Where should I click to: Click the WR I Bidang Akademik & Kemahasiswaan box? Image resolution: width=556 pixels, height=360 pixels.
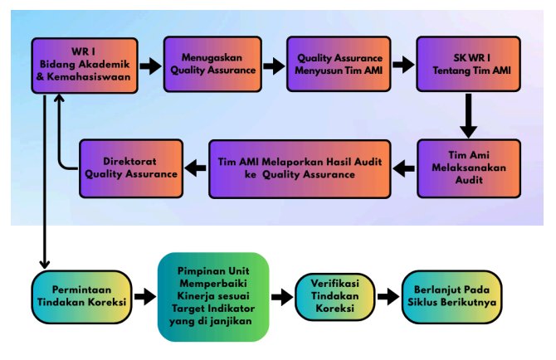coord(85,66)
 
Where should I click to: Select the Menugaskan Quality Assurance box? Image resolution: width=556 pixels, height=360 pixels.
coord(212,64)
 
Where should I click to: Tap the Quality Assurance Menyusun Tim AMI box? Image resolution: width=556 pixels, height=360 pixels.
coord(339,64)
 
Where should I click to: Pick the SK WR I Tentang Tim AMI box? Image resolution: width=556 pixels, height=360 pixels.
coord(468,64)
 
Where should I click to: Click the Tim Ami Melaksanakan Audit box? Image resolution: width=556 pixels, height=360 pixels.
coord(469,168)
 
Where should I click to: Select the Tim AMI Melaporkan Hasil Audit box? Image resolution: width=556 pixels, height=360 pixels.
coord(300,168)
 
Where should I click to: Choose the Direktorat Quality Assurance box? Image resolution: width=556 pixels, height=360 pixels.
coord(131,168)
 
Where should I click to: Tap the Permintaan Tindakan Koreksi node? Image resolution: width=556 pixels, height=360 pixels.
coord(81,297)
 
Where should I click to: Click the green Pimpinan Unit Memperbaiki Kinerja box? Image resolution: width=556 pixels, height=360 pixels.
coord(213,297)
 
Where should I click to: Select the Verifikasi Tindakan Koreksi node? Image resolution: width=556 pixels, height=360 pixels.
coord(334,297)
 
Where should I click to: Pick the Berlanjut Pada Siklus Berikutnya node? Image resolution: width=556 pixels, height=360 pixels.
coord(451,297)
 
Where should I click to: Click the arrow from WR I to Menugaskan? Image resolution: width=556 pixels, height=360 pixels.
coord(151,66)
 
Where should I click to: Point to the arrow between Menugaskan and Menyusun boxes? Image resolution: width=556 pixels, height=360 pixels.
coord(274,66)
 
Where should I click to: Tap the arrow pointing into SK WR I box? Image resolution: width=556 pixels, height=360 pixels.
coord(403,65)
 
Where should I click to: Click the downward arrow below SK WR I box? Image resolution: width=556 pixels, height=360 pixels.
coord(468,116)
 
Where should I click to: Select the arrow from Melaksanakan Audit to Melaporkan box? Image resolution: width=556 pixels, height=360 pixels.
coord(404,168)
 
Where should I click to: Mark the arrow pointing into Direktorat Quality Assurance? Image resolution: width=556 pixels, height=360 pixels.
coord(195,168)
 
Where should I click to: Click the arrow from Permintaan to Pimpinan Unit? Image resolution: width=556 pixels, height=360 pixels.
coord(145,296)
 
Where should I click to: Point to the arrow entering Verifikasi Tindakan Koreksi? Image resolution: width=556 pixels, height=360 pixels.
coord(282,297)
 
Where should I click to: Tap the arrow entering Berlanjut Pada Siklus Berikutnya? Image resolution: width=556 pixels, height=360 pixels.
coord(388,297)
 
